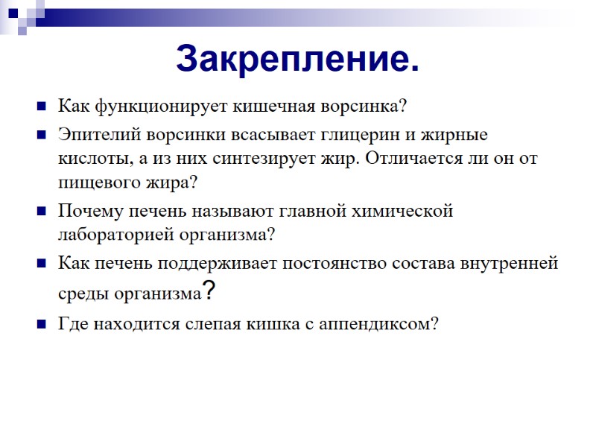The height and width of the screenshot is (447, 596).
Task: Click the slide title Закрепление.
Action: [297, 59]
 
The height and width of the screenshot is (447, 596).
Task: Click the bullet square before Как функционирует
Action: [41, 106]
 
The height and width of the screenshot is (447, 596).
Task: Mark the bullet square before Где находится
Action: [41, 325]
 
